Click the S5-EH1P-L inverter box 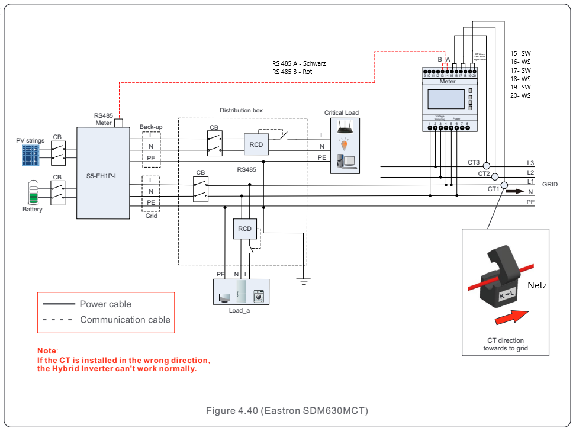tap(103, 173)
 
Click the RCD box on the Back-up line tap(256, 144)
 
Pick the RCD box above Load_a tap(244, 229)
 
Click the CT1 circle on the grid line tap(504, 186)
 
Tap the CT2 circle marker tap(495, 176)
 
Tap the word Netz tap(537, 285)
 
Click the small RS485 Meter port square tap(118, 123)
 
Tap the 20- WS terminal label tap(520, 95)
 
